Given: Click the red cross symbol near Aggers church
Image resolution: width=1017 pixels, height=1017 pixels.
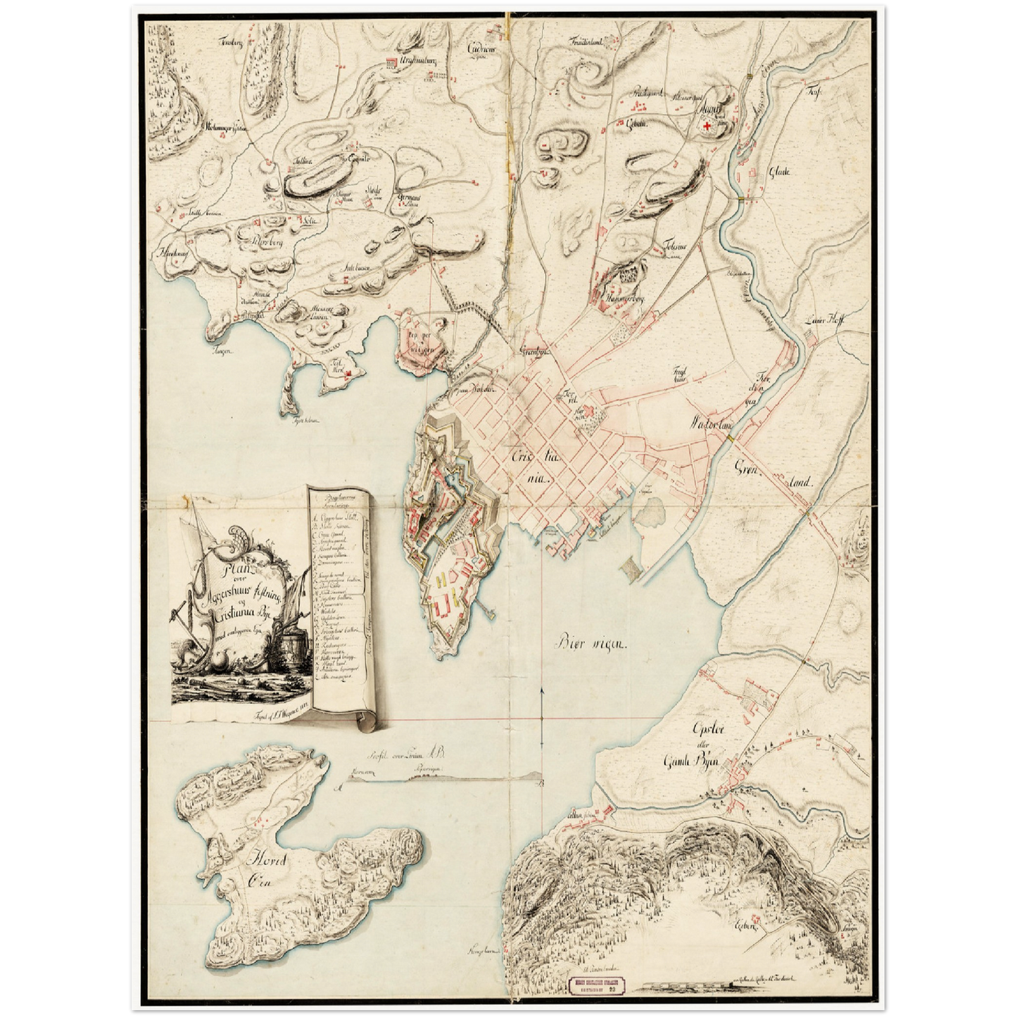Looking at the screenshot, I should point(706,126).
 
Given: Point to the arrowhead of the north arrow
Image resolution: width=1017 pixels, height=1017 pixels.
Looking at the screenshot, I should point(541,690).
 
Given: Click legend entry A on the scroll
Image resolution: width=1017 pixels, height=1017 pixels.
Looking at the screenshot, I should point(335,522).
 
